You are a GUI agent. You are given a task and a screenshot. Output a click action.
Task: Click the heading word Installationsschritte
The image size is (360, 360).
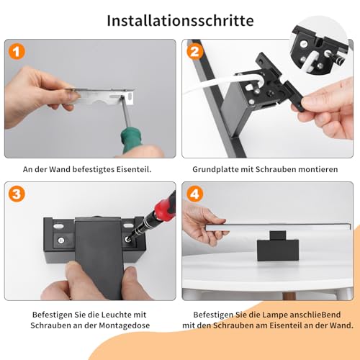(180, 20)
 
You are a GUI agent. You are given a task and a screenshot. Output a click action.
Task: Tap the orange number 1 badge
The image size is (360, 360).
(17, 53)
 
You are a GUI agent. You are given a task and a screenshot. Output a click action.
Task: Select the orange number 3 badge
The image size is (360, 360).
(17, 194)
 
